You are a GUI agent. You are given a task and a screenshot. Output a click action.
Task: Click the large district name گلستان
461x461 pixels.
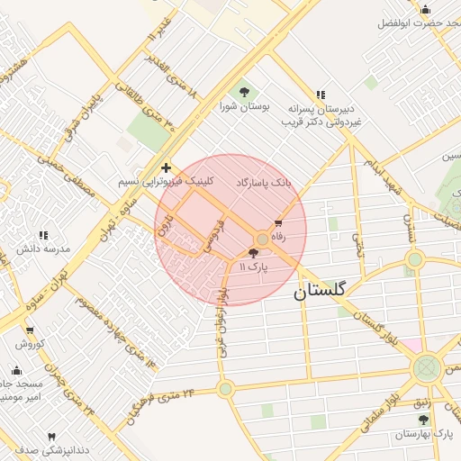click(326, 293)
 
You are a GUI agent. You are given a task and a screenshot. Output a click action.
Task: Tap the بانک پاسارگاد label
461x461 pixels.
click(264, 183)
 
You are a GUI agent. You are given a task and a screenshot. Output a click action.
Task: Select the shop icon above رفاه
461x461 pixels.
click(277, 222)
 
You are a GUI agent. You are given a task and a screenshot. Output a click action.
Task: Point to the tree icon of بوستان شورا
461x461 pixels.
click(242, 91)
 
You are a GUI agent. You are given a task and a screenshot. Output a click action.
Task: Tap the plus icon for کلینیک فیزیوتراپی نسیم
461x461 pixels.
click(166, 167)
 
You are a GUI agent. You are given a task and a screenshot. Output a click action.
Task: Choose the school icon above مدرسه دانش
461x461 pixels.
click(43, 235)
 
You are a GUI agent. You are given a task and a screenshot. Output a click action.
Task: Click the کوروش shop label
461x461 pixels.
click(29, 343)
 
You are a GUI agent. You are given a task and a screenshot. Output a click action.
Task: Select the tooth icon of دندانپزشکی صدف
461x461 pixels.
click(50, 436)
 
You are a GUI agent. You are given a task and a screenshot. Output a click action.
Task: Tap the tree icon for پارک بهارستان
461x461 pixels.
click(423, 420)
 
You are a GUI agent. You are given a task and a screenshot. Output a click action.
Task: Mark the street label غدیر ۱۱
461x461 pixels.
click(158, 41)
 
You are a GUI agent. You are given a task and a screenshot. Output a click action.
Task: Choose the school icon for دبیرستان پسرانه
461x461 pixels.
click(320, 95)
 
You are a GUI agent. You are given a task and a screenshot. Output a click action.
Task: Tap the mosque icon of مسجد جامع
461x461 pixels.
click(16, 369)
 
